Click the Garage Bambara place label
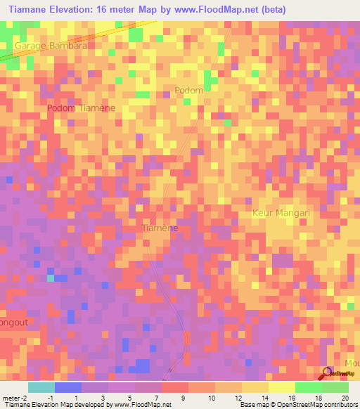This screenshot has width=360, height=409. pos(51,45)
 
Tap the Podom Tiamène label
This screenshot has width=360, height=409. pos(82,108)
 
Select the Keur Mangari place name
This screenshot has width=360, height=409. pos(281,212)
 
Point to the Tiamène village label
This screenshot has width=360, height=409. pos(160,228)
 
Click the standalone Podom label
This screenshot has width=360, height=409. pos(188,91)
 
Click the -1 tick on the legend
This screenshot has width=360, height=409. pos(50,397)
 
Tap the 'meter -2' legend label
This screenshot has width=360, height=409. pos(14,397)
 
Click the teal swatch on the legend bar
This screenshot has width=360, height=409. pos(41,387)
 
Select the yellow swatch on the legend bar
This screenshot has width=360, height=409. pos(282,387)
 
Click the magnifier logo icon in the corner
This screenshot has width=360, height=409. pos(326,373)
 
